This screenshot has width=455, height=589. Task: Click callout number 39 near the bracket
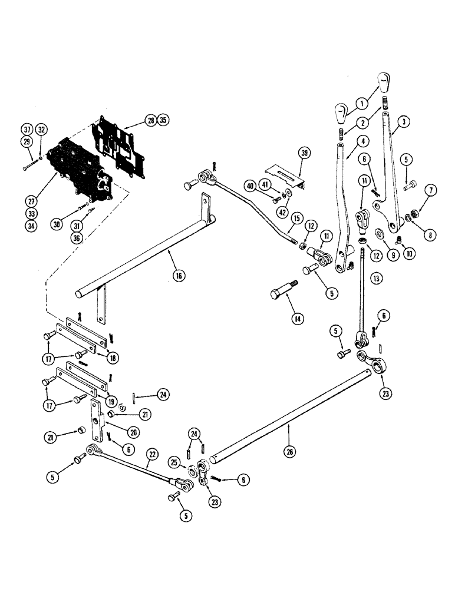(x=304, y=154)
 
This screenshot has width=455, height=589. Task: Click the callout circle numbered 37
(x=27, y=130)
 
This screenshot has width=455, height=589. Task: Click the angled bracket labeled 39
(x=284, y=174)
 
